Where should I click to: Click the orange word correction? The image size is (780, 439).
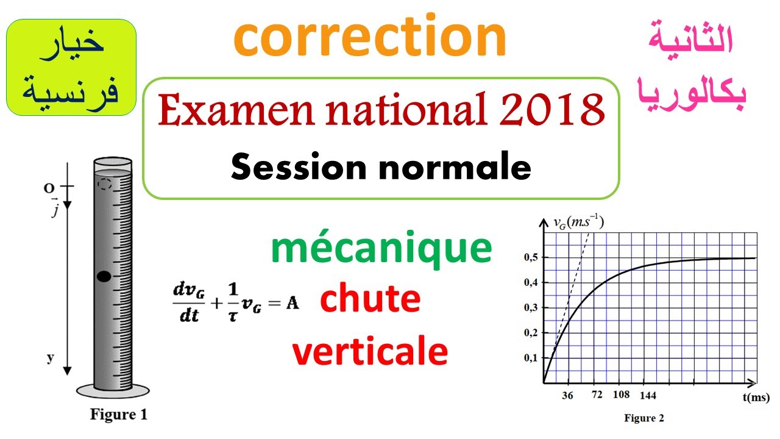pos(370,38)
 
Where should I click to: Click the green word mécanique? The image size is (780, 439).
pos(381,249)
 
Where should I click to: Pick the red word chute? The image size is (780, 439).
pos(370,299)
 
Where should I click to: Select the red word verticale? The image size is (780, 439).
pos(370,352)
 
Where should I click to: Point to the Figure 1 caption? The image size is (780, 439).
pos(119,415)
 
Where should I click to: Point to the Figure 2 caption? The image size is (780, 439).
pos(644,418)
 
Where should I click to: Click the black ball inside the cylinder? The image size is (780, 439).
pos(104,276)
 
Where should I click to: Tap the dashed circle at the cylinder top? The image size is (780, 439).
pos(105,184)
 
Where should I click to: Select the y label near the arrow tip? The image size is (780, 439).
pos(50,358)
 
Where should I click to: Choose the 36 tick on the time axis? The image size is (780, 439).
pos(568,396)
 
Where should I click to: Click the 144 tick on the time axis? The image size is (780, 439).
pos(648,396)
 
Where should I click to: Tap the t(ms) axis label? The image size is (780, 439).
pos(756,397)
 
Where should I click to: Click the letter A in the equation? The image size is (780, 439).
pos(292,303)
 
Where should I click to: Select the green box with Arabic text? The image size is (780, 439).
pos(71,67)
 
